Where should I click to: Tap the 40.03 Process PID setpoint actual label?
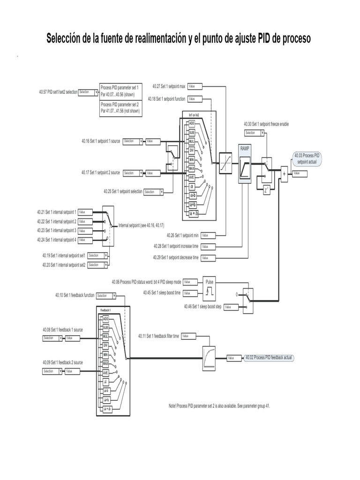[307, 158]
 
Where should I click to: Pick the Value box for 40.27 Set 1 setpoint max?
[195, 86]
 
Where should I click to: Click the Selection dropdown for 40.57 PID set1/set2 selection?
[88, 92]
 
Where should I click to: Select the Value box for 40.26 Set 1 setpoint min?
[208, 235]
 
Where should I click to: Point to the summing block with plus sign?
[283, 173]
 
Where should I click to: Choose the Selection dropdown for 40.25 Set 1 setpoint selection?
[153, 192]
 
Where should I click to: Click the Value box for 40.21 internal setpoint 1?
[85, 212]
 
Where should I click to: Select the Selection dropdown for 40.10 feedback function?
[106, 296]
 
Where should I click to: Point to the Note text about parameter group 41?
[219, 406]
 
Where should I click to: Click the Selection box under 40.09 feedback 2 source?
[52, 371]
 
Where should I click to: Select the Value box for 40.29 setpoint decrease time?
[208, 258]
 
